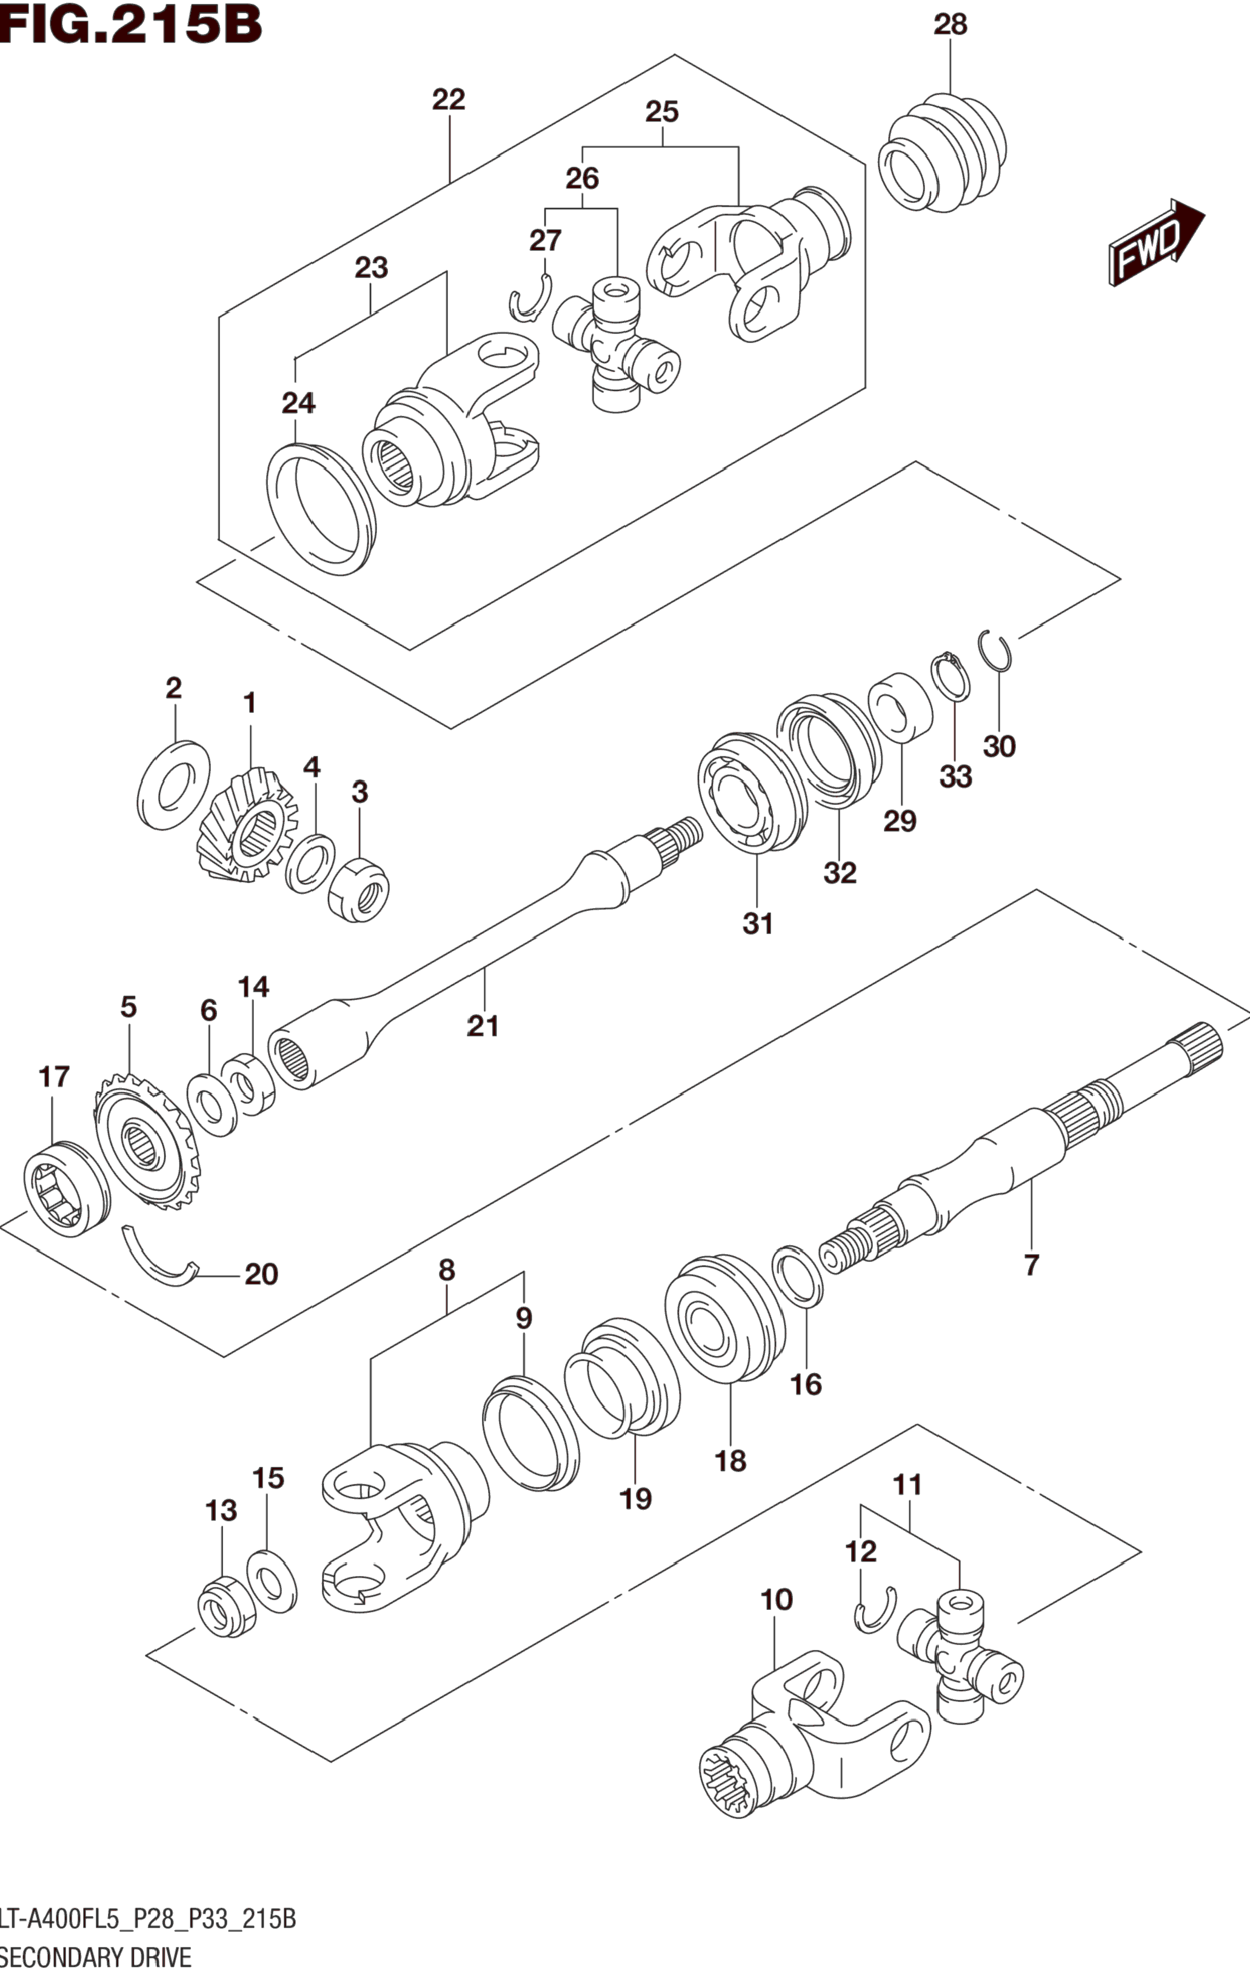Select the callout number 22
[x=449, y=100]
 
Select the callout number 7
[x=1031, y=1264]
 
